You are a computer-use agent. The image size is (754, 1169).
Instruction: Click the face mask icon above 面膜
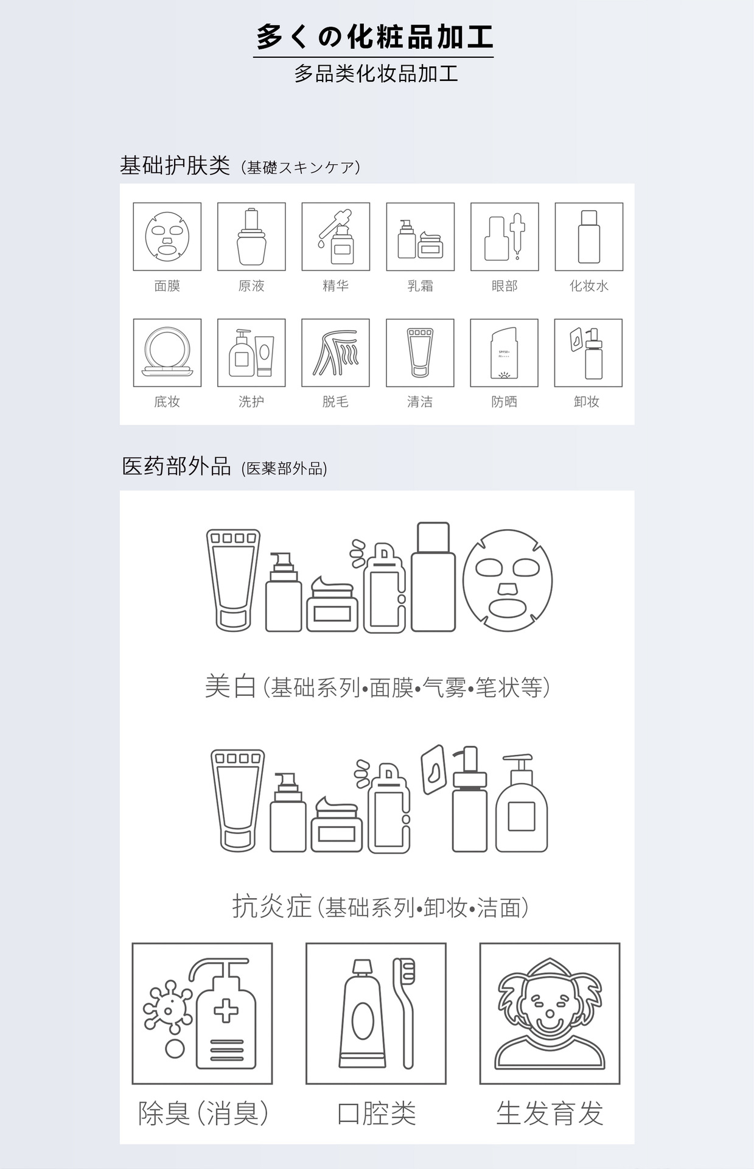pyautogui.click(x=167, y=236)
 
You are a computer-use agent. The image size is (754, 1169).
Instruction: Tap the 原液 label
pyautogui.click(x=251, y=286)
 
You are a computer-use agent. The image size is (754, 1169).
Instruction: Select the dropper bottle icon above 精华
pyautogui.click(x=335, y=236)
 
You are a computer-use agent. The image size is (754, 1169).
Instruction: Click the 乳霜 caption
pyautogui.click(x=420, y=286)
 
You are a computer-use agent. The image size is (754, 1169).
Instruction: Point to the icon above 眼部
pyautogui.click(x=504, y=236)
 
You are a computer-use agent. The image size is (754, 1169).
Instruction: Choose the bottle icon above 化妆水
pyautogui.click(x=589, y=236)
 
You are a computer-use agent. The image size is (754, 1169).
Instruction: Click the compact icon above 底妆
pyautogui.click(x=167, y=353)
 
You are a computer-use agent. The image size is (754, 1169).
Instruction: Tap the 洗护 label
pyautogui.click(x=251, y=401)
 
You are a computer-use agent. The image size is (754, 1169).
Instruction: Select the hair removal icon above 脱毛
pyautogui.click(x=335, y=353)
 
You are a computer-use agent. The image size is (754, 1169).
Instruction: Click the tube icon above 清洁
pyautogui.click(x=420, y=353)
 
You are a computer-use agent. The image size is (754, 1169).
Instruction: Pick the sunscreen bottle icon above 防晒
pyautogui.click(x=504, y=353)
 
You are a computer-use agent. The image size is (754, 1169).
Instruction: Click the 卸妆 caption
pyautogui.click(x=587, y=401)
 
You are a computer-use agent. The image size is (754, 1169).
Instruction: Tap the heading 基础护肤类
pyautogui.click(x=175, y=165)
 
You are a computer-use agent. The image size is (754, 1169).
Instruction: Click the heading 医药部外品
pyautogui.click(x=176, y=466)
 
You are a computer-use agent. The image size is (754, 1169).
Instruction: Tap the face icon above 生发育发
pyautogui.click(x=550, y=1014)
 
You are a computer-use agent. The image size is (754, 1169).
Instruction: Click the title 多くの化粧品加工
pyautogui.click(x=374, y=37)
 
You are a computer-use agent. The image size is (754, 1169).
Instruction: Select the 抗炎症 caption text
pyautogui.click(x=272, y=906)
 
